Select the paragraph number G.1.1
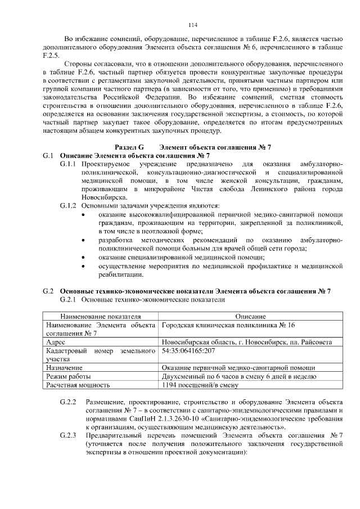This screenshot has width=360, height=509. pos(67,163)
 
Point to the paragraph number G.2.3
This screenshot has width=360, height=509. pos(67,436)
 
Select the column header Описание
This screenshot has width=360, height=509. pos(250,317)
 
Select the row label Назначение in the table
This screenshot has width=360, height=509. pos(65,367)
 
